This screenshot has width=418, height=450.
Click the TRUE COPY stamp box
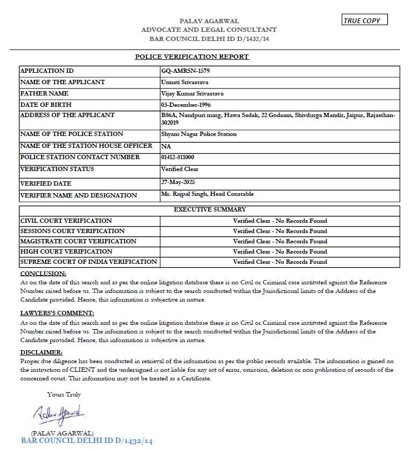[365, 21]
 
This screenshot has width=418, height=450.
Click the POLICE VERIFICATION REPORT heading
[192, 57]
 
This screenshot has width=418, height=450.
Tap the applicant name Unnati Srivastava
[184, 82]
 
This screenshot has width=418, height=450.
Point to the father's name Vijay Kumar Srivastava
[193, 93]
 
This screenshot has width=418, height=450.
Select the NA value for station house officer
[166, 146]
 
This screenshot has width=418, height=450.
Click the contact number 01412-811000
[177, 157]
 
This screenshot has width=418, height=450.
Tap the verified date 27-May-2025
[176, 183]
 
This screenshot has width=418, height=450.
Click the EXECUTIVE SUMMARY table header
[209, 209]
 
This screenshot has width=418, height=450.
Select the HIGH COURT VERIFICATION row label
[66, 251]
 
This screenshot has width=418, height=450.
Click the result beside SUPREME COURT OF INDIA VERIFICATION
[280, 262]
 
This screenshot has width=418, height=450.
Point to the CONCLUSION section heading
[43, 274]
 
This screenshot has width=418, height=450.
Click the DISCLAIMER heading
[42, 352]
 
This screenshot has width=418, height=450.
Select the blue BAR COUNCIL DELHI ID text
[87, 441]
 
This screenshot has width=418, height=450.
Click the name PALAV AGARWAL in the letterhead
[209, 21]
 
